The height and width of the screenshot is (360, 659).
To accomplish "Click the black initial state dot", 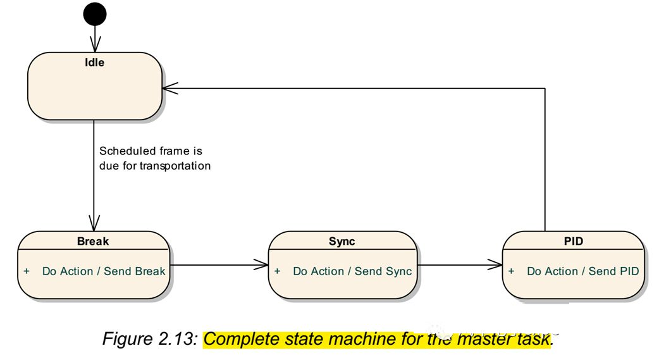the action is (x=95, y=15).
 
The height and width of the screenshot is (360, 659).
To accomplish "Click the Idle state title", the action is (x=95, y=63).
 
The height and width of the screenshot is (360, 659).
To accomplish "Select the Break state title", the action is (x=93, y=242).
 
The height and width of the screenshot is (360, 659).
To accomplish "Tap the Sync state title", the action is (x=342, y=242).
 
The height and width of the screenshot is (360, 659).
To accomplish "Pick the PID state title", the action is (x=573, y=242).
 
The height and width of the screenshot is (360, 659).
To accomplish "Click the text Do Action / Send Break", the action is (x=104, y=271).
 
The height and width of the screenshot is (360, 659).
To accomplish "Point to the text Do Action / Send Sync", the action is (x=352, y=271).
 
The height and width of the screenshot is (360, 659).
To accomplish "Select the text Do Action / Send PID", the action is (x=583, y=271).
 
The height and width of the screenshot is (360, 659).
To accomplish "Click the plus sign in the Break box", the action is (x=27, y=271).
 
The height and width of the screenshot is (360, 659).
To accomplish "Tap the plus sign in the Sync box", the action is (x=277, y=271).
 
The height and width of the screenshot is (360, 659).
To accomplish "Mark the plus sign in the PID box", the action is (x=511, y=271).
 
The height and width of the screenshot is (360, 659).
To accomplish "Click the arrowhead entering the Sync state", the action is (x=261, y=265).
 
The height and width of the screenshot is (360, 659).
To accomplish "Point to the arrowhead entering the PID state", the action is (x=495, y=265).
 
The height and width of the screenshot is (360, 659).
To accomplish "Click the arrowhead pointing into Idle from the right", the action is (x=170, y=89).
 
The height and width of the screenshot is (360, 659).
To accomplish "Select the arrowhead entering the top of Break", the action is (x=94, y=223).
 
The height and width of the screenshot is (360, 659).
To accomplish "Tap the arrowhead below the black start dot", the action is (x=95, y=44).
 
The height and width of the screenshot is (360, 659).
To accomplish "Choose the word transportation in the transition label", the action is (x=175, y=166).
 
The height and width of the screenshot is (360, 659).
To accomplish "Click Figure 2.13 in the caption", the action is (x=150, y=339).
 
